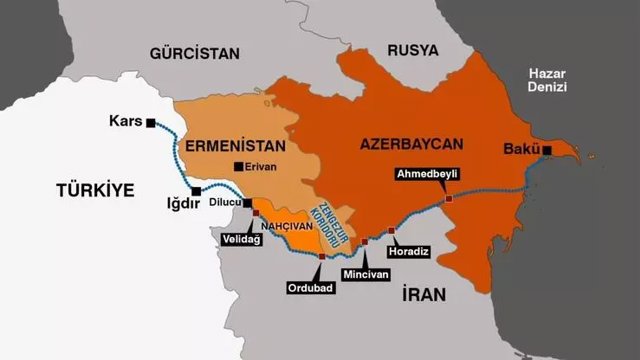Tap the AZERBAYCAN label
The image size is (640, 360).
tap(410, 146)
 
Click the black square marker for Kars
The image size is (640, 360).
tap(150, 123)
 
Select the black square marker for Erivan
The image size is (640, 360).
tap(237, 166)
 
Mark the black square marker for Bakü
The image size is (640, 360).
tap(547, 150)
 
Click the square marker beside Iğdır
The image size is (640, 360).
tap(196, 191)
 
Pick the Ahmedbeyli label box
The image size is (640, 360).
tap(427, 173)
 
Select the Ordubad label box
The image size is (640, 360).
tap(307, 287)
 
